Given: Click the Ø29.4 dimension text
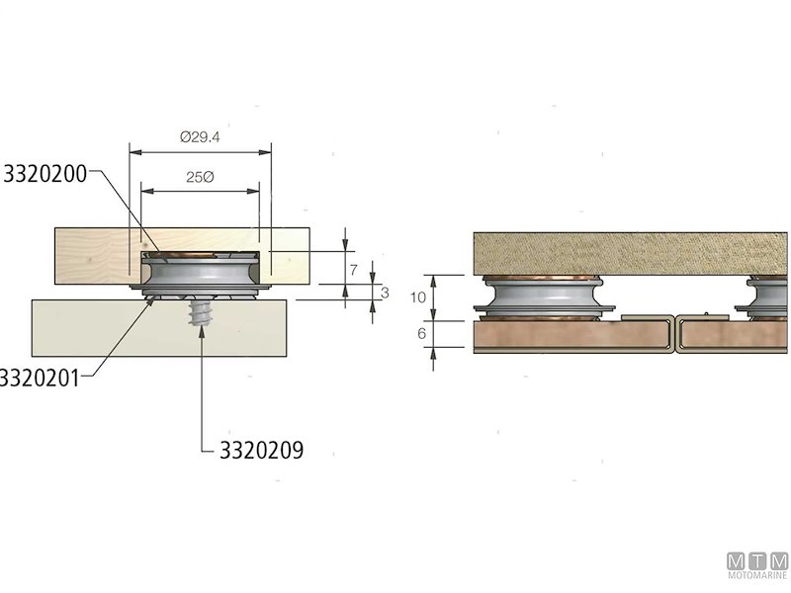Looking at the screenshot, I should coord(200,137).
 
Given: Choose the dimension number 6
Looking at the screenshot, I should coord(420,334).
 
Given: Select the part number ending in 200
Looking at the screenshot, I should coord(44,174).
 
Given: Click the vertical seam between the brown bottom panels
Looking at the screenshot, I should coord(674,334).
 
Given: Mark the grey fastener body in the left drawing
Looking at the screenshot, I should coord(202,273).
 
